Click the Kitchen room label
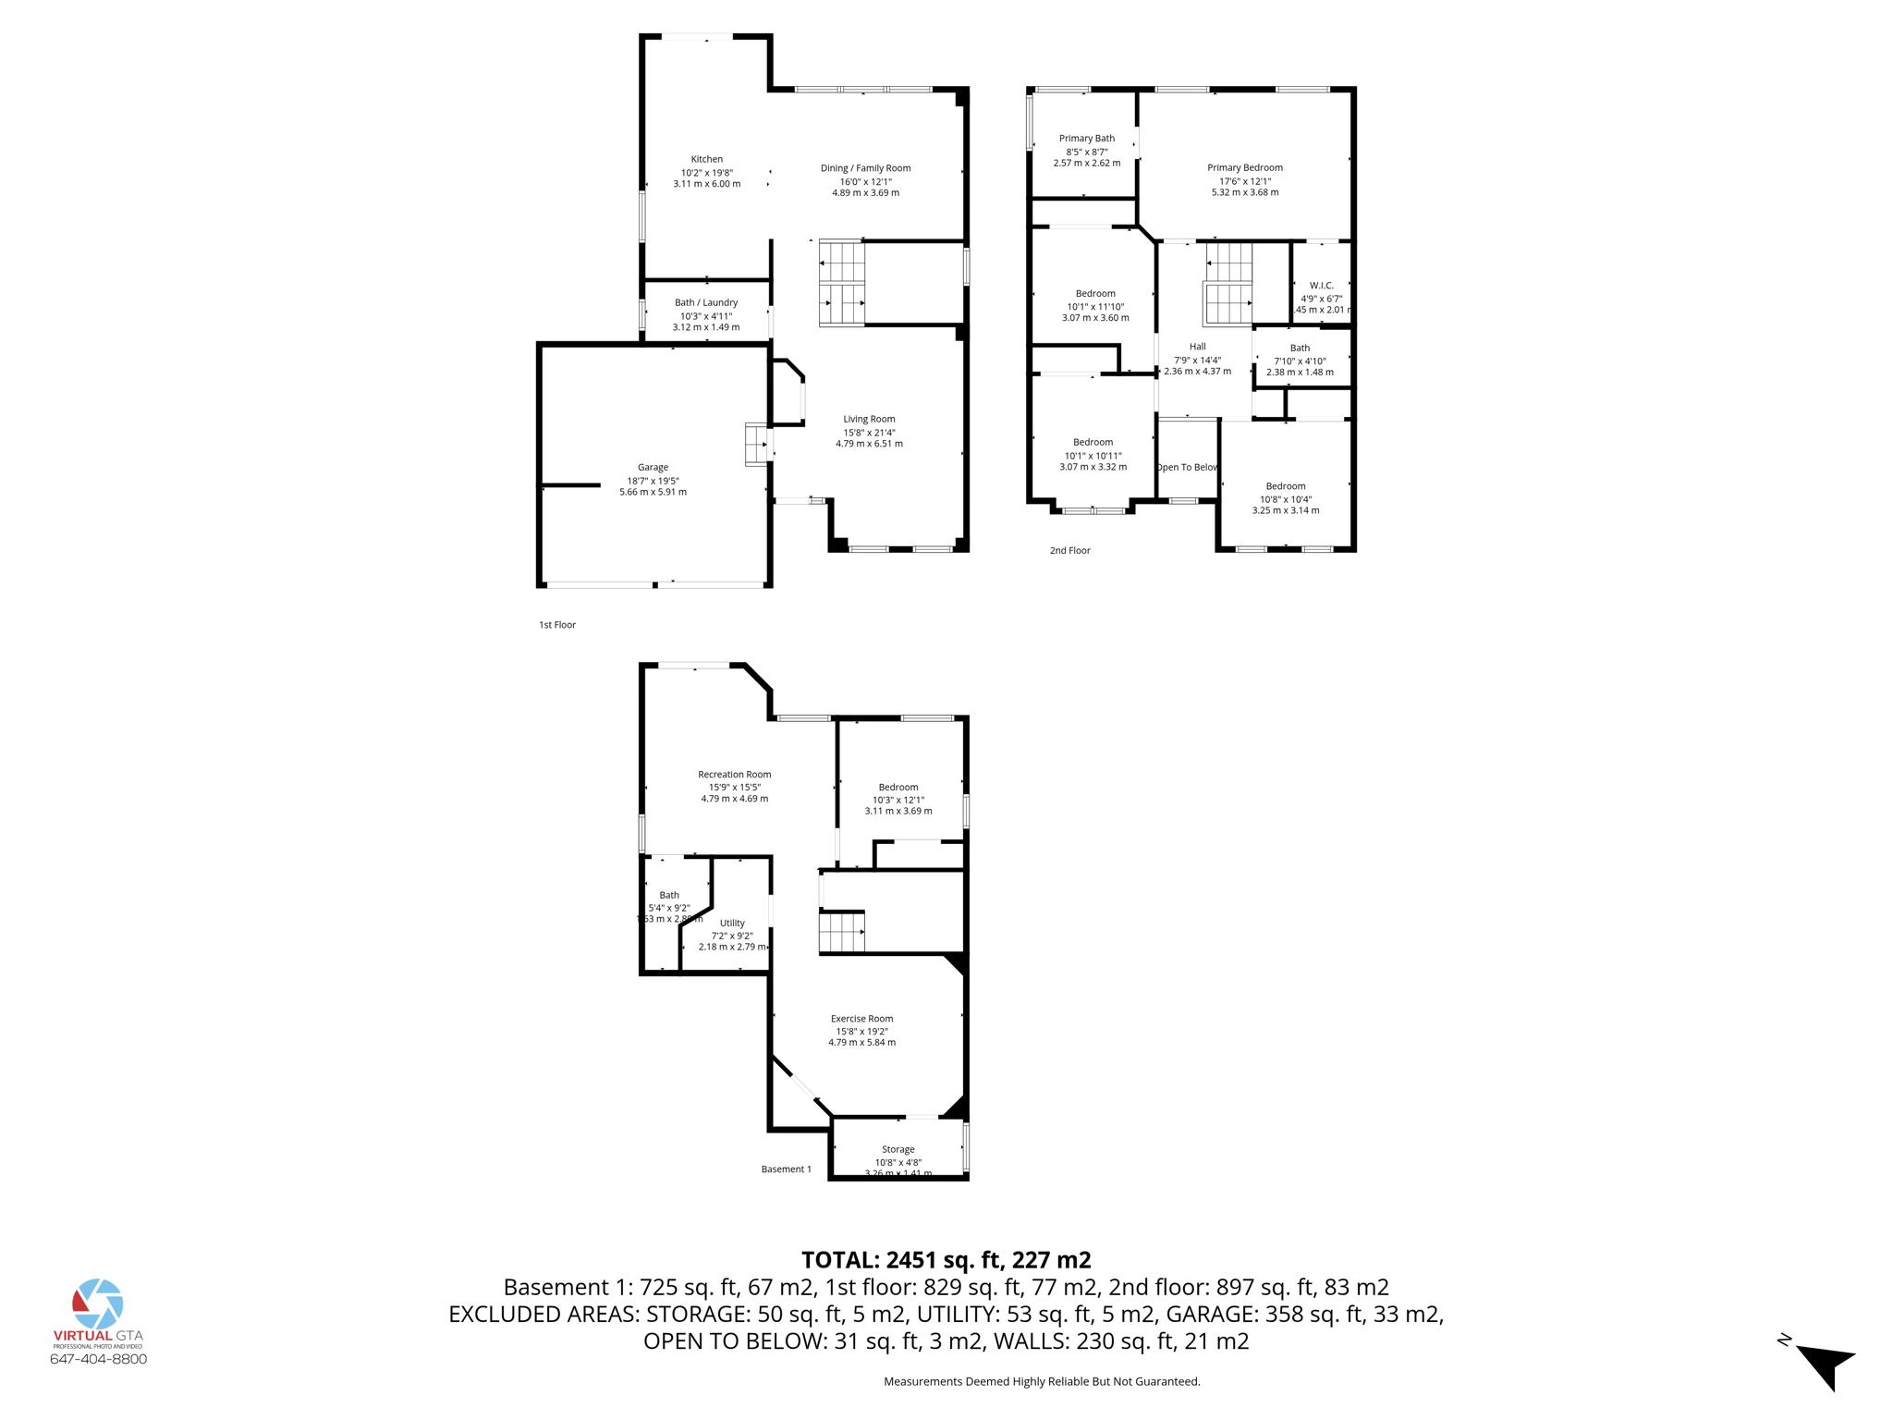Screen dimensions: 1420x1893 click(x=706, y=159)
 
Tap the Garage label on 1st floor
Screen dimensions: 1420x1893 click(x=653, y=467)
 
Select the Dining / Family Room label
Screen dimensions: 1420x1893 click(x=865, y=168)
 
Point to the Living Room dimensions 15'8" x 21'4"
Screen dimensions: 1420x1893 click(x=869, y=432)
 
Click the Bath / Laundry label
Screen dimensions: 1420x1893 click(x=706, y=302)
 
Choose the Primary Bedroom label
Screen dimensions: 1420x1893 click(x=1244, y=167)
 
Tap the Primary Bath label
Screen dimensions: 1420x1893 click(x=1086, y=139)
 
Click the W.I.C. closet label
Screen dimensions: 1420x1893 click(x=1321, y=286)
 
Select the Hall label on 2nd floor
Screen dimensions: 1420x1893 click(x=1197, y=347)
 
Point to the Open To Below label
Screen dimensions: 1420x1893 click(x=1187, y=467)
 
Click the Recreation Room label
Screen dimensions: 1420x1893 click(x=734, y=775)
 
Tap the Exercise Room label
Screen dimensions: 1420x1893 click(x=861, y=1019)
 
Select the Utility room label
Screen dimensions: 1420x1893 click(x=732, y=923)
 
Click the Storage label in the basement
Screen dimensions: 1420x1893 click(x=898, y=1149)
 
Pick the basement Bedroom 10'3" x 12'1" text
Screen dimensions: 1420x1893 click(x=898, y=800)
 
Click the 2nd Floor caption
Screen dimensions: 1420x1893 click(x=1069, y=550)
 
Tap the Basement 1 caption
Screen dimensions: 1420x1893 click(x=786, y=1169)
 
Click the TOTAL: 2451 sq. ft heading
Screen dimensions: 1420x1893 click(x=946, y=1259)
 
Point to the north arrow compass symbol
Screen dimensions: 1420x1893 click(x=1823, y=1364)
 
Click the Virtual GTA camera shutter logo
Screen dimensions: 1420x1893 click(x=98, y=1304)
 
